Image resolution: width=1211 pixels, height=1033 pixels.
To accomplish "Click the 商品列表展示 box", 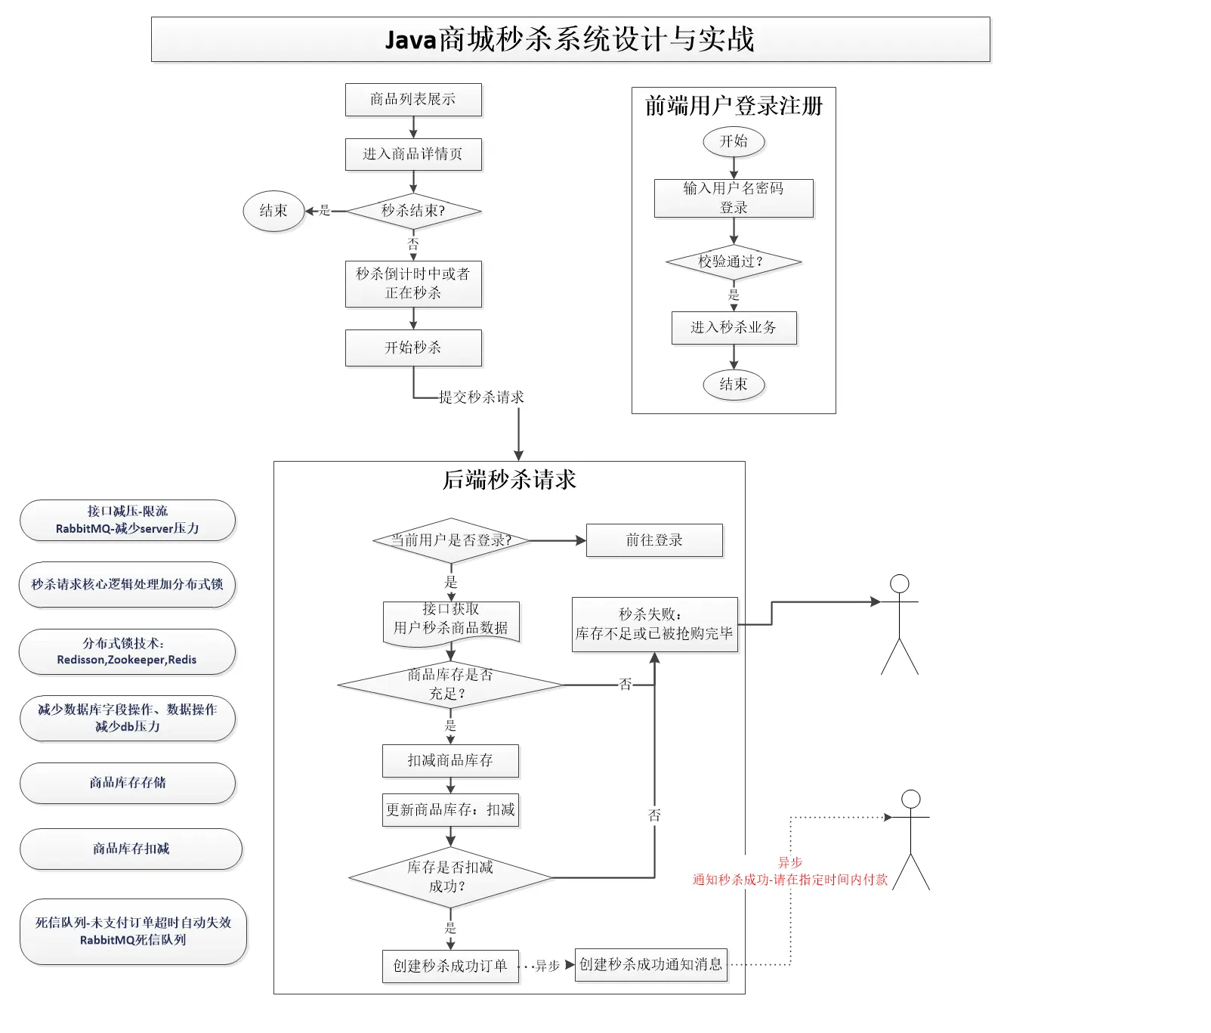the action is (x=413, y=100).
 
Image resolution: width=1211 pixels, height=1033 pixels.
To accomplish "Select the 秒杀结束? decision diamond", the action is (x=413, y=211).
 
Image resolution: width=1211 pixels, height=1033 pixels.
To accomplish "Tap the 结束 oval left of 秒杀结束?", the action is (x=273, y=211).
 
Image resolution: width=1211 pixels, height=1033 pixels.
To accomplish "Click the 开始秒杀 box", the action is (x=413, y=348).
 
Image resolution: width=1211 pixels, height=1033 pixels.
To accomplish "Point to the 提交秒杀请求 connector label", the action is (x=481, y=397).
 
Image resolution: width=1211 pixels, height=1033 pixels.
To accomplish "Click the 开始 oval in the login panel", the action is (x=734, y=141).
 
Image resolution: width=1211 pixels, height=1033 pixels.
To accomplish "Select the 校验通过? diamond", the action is (x=734, y=262).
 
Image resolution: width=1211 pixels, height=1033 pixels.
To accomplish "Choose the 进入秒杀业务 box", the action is (x=734, y=328).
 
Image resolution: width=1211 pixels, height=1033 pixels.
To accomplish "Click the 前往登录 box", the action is (x=654, y=540).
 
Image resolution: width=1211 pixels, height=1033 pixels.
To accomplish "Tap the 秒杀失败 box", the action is (x=655, y=624).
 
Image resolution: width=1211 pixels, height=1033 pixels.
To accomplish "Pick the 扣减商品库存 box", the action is (x=451, y=761).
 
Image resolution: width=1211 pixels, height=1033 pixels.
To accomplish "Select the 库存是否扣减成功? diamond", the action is (x=451, y=877).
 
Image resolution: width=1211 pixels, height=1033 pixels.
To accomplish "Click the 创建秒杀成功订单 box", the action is (x=451, y=967).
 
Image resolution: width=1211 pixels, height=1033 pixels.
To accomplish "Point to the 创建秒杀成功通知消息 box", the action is (x=651, y=965).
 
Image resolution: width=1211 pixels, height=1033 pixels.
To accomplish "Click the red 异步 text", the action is (x=790, y=862).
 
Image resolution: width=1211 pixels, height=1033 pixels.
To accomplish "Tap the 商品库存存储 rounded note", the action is (x=128, y=783).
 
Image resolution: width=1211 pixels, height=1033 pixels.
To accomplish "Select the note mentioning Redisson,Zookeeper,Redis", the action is (x=127, y=651).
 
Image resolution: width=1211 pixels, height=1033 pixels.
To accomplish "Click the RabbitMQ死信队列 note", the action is (x=133, y=932).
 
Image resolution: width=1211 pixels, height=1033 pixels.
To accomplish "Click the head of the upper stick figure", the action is (x=900, y=583).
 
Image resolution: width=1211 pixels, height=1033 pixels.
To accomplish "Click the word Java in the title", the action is (x=412, y=39).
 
